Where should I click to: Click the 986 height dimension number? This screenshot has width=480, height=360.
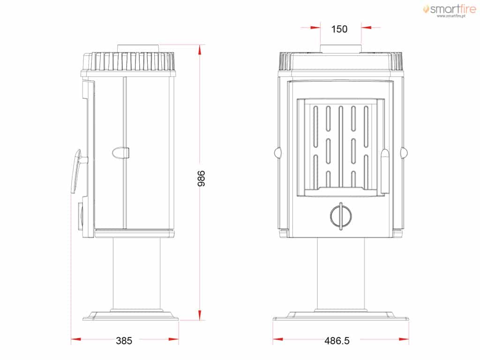pos(201,179)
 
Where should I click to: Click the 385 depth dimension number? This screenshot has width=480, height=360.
pos(124,341)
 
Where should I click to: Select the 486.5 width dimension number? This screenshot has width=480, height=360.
pos(337,341)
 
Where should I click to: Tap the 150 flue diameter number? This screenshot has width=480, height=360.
pos(339,29)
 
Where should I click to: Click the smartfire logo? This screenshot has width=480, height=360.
pos(450,11)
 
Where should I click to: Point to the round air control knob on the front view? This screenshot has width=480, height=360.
pos(341,216)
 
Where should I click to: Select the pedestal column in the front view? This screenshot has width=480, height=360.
pos(341,274)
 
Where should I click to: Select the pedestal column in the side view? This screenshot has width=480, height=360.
pos(137,274)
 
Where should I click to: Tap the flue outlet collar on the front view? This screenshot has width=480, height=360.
pos(341,49)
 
